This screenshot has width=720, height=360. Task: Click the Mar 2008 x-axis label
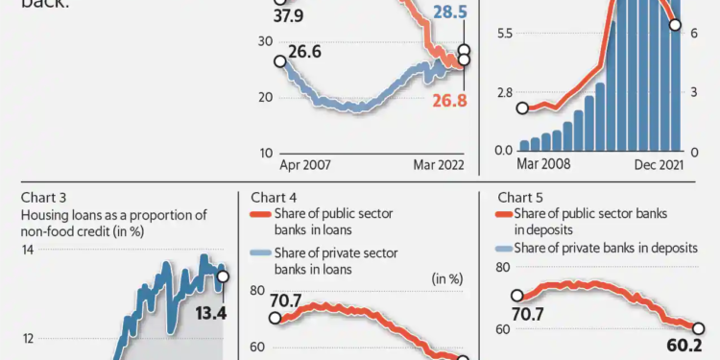tap(543, 165)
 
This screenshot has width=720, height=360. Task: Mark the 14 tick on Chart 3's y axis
tap(28, 250)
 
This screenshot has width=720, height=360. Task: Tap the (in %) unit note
tap(447, 278)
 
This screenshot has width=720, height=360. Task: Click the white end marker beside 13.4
tap(223, 277)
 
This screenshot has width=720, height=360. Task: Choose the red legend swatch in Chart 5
tap(505, 213)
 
